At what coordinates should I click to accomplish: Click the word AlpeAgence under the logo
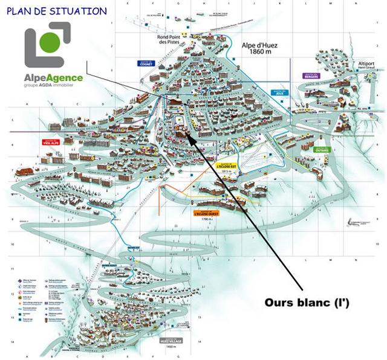pos(53,77)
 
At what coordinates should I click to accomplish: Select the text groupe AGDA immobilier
pos(54,86)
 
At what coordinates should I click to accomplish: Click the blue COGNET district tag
pos(146,63)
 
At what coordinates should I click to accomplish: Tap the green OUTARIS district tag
pos(323,149)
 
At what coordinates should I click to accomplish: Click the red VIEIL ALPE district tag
pos(50,143)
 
